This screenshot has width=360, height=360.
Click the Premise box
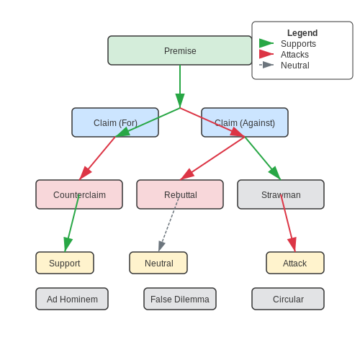[x=180, y=50]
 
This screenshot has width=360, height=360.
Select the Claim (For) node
[x=115, y=122]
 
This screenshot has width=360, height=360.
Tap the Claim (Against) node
[x=245, y=122]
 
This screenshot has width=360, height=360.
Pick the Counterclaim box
[x=79, y=194]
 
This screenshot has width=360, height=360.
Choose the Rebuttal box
[x=180, y=194]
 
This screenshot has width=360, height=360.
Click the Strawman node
[x=281, y=194]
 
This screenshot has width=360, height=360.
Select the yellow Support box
[x=65, y=263]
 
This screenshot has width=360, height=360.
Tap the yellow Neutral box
[x=158, y=263]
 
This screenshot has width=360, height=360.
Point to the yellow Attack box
[x=295, y=263]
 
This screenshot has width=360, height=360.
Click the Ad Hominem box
[x=72, y=299]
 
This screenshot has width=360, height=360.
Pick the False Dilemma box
[x=180, y=299]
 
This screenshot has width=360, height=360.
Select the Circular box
[x=288, y=299]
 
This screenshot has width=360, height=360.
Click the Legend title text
[x=302, y=33]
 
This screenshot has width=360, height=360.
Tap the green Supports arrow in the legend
[x=266, y=43]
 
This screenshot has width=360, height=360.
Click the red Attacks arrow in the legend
[x=266, y=54]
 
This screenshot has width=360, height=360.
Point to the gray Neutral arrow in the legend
[x=266, y=65]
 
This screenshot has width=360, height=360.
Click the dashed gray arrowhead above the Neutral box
[x=161, y=246]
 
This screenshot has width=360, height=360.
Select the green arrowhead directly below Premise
[x=180, y=101]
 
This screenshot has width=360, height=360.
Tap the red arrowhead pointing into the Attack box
[x=293, y=244]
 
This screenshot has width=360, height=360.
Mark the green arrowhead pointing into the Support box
[x=68, y=244]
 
